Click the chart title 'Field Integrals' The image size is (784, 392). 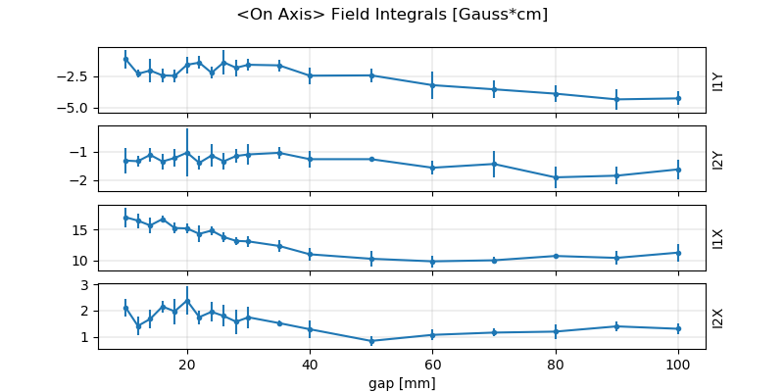tap(392, 15)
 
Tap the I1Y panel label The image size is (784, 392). tap(718, 80)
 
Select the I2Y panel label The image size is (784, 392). tap(718, 159)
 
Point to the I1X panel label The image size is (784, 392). tap(718, 238)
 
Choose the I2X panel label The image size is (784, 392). tap(718, 317)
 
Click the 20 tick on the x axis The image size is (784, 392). tap(187, 364)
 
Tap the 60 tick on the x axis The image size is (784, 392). tap(433, 364)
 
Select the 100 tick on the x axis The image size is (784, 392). tap(678, 364)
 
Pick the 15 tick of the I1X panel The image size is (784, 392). tap(85, 229)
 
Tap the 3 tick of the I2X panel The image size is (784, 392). tap(89, 285)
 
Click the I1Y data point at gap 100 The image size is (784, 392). tap(678, 98)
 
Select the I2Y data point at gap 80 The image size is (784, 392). tap(556, 177)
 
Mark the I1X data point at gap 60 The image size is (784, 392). tap(433, 262)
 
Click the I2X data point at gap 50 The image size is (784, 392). tap(371, 341)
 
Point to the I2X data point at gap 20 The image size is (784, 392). tap(187, 301)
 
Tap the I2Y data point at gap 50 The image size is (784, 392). tap(371, 159)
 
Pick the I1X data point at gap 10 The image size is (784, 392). tap(125, 217)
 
